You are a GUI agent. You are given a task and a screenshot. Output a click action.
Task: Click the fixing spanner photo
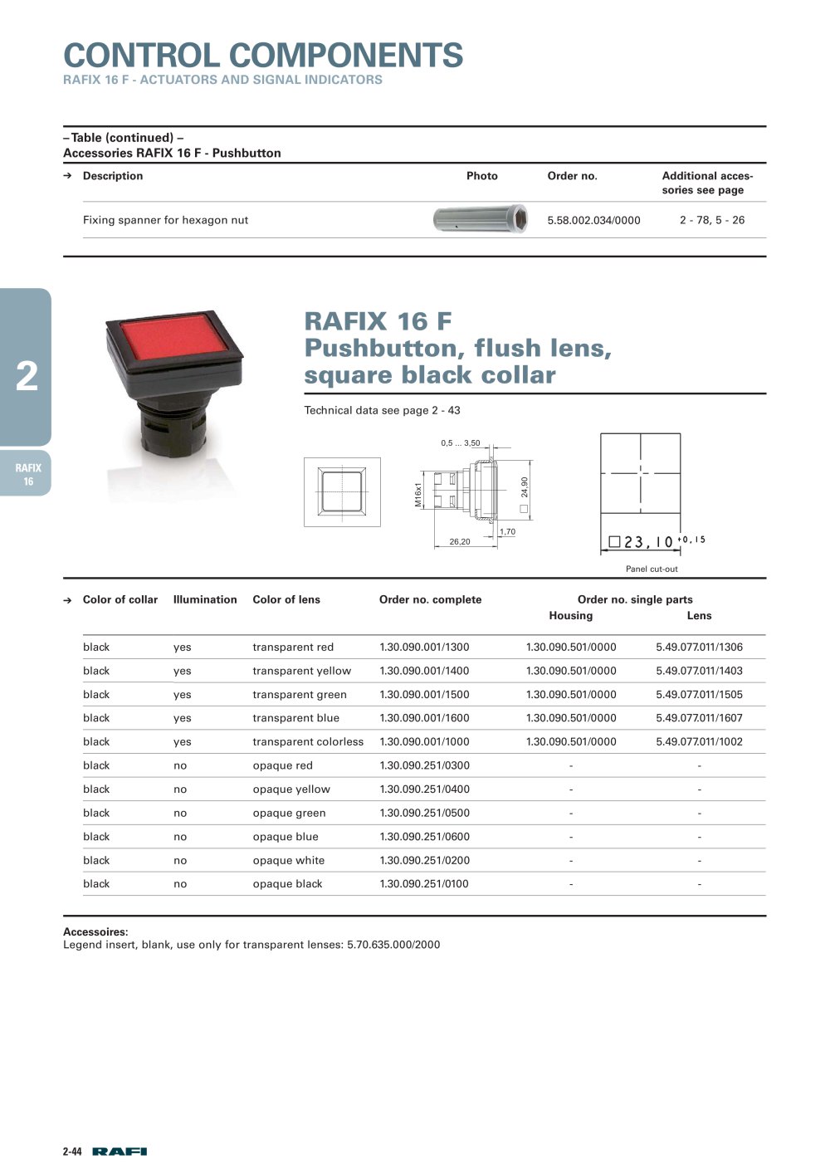pyautogui.click(x=481, y=218)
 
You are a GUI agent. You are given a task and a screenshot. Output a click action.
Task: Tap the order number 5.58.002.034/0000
pyautogui.click(x=593, y=221)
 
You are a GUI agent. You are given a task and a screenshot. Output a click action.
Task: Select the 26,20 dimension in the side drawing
pyautogui.click(x=460, y=541)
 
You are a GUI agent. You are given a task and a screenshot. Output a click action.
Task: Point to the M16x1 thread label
pyautogui.click(x=417, y=495)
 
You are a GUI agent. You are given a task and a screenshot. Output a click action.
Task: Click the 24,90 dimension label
pyautogui.click(x=525, y=487)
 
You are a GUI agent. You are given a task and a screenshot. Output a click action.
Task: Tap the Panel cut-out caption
pyautogui.click(x=652, y=569)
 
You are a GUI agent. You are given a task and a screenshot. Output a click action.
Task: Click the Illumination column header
pyautogui.click(x=205, y=599)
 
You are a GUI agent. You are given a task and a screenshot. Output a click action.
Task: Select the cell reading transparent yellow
pyautogui.click(x=301, y=671)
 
